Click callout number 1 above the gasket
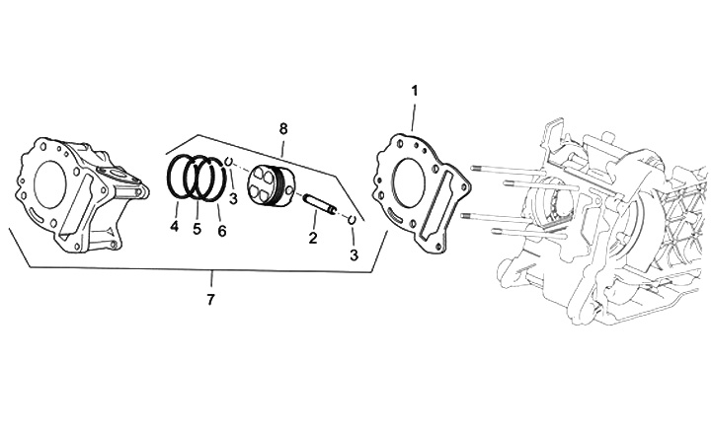[415, 91]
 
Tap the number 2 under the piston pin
[312, 238]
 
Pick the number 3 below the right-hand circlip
[353, 255]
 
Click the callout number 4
[174, 228]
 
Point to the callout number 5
[197, 230]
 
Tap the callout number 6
[221, 230]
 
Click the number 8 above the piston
[283, 129]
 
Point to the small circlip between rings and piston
[228, 163]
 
